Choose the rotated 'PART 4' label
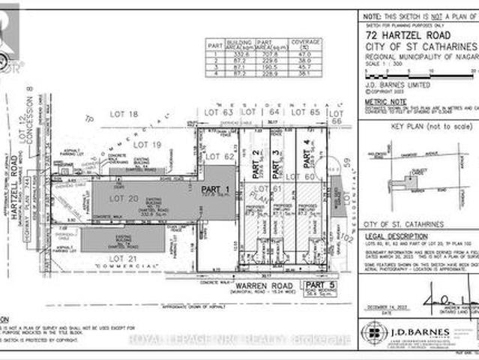click(306, 158)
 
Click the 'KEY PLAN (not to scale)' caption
click(419, 127)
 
